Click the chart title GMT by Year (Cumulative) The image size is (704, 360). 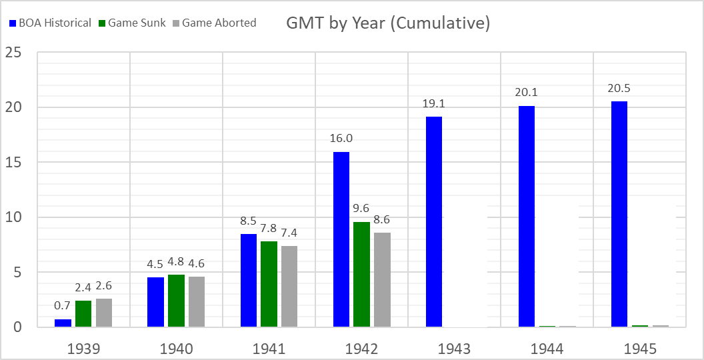(388, 23)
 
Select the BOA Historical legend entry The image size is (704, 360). (51, 23)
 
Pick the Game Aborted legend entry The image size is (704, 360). (213, 23)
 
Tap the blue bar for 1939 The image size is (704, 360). (63, 323)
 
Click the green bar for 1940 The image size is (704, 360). (176, 301)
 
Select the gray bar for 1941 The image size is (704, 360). (289, 287)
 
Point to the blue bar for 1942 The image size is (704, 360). (341, 239)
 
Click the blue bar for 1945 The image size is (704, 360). (619, 214)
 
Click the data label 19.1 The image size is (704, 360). (433, 104)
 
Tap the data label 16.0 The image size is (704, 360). (341, 139)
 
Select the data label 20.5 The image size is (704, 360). (619, 89)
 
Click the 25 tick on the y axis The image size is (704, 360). (15, 53)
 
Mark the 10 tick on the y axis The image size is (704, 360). (15, 217)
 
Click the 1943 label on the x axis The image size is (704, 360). (455, 349)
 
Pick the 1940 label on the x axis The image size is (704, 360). (176, 349)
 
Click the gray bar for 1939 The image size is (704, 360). (104, 313)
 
